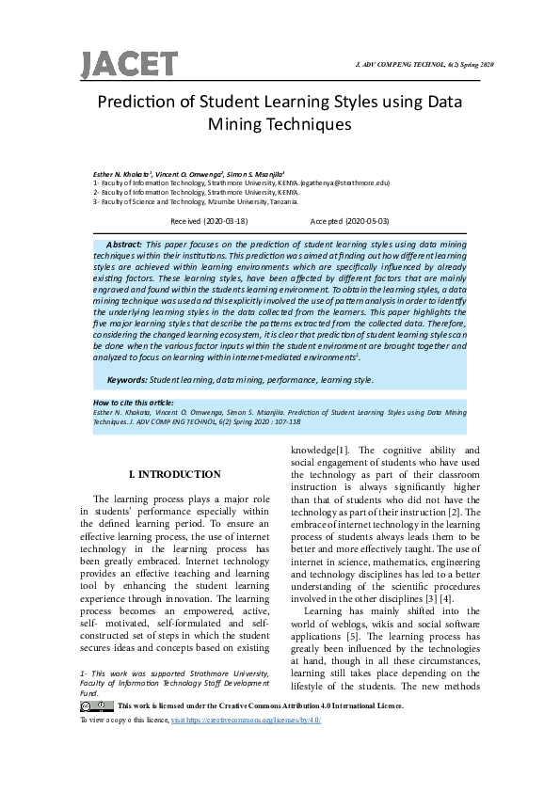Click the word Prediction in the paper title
click(138, 103)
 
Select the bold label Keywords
click(127, 379)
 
